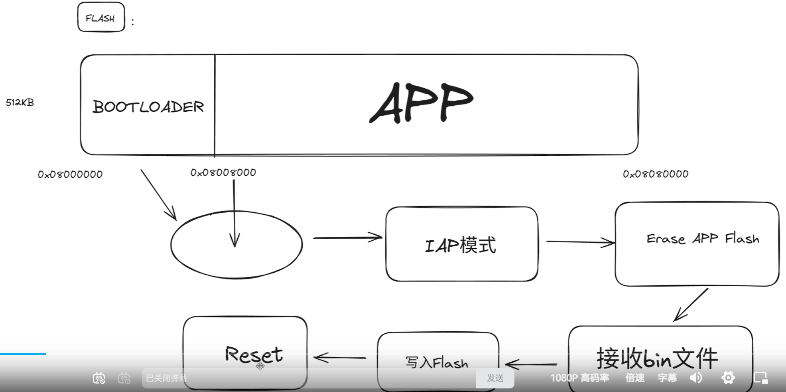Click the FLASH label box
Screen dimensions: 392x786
pyautogui.click(x=101, y=18)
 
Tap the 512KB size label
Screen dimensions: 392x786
pyautogui.click(x=20, y=103)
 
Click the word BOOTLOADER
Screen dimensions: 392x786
pyautogui.click(x=148, y=107)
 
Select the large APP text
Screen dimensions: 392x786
pyautogui.click(x=422, y=103)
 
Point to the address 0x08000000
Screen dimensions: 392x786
pyautogui.click(x=70, y=174)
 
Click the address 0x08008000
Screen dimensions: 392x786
pyautogui.click(x=223, y=172)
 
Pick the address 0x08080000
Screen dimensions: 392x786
pyautogui.click(x=656, y=174)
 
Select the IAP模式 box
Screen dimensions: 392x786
pyautogui.click(x=461, y=244)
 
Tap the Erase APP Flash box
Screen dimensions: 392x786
pyautogui.click(x=697, y=244)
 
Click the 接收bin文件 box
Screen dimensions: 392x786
pyautogui.click(x=660, y=351)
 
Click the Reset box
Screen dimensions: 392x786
pyautogui.click(x=245, y=347)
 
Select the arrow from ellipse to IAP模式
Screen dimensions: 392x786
pyautogui.click(x=347, y=238)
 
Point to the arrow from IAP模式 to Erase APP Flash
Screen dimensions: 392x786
pyautogui.click(x=580, y=242)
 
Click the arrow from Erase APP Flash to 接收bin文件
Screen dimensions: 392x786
pyautogui.click(x=691, y=305)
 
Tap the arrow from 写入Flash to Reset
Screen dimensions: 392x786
pyautogui.click(x=340, y=357)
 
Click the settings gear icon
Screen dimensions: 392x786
pyautogui.click(x=728, y=378)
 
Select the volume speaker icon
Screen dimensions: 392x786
pyautogui.click(x=696, y=378)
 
